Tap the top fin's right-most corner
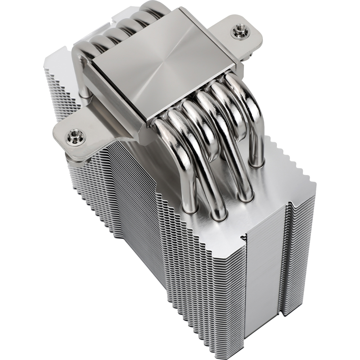point(315,184)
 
